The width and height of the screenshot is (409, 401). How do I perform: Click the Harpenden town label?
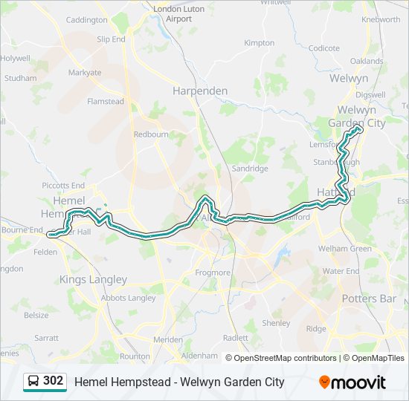pos(200,91)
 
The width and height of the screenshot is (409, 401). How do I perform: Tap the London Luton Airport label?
pos(173,13)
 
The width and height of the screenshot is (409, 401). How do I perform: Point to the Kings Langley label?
pos(93,280)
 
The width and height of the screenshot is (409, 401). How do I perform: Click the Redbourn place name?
pos(151,134)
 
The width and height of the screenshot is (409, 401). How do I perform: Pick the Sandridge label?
pos(250,169)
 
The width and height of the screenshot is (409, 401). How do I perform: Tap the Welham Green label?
pos(344,249)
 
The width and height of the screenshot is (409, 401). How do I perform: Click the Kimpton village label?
pos(259,43)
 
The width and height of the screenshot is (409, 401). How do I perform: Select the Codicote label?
pos(324,48)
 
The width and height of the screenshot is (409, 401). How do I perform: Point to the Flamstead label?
pos(106,101)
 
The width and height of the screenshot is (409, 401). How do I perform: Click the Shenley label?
pos(276,323)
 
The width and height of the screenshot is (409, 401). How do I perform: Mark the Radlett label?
pos(236,337)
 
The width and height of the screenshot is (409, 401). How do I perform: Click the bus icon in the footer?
pos(33,382)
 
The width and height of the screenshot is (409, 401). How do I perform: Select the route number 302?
pos(53,381)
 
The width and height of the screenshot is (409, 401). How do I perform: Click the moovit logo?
pos(352,382)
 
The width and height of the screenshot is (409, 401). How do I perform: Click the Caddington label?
pos(87,20)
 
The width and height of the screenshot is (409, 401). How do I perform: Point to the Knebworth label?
pos(380,19)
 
